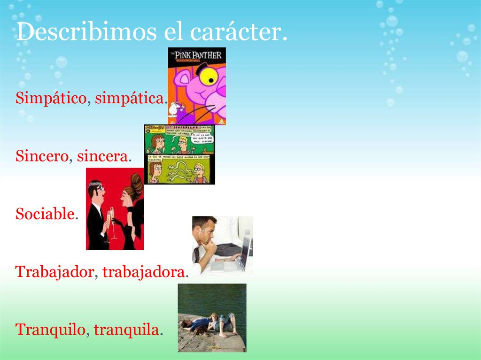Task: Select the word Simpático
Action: (x=51, y=99)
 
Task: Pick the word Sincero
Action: (x=42, y=156)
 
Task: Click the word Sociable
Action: (x=45, y=214)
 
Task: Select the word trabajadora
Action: (x=144, y=272)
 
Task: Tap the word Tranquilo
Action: (x=51, y=329)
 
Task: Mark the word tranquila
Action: (x=126, y=329)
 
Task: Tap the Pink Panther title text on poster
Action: (x=197, y=55)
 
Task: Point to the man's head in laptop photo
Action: (x=205, y=228)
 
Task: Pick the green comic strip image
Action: (x=179, y=154)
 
